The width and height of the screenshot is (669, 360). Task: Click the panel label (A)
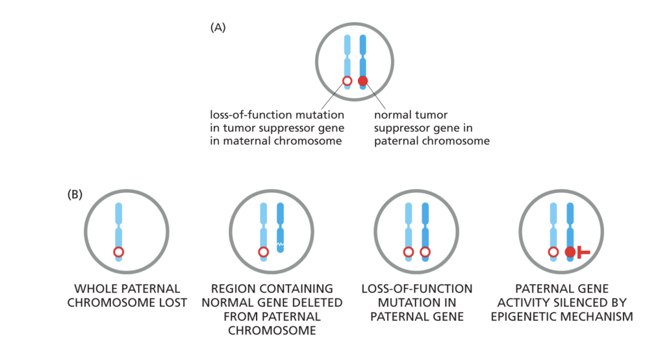218,27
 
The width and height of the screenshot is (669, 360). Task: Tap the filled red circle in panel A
363,81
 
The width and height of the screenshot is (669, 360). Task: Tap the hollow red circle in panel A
347,81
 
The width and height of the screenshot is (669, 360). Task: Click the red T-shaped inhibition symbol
583,252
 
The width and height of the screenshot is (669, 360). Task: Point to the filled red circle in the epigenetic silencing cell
570,252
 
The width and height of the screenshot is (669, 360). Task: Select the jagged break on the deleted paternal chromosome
281,244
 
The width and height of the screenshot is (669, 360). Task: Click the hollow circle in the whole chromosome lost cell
118,252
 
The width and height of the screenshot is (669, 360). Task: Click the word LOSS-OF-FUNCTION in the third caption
416,289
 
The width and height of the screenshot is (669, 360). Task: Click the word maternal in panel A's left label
248,140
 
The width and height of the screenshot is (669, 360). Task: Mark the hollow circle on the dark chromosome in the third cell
425,252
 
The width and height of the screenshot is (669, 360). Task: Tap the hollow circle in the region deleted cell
263,252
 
